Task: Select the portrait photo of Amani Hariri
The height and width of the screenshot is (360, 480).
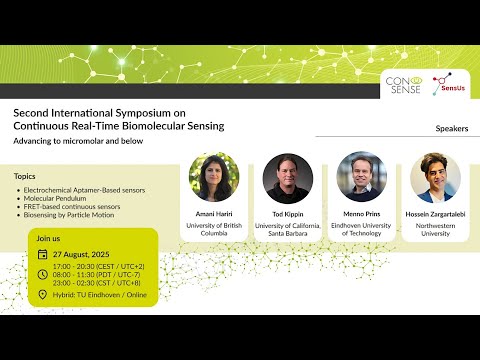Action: (214, 178)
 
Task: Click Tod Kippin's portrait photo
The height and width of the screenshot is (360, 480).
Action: (288, 178)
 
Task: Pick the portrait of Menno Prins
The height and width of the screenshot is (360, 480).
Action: (362, 178)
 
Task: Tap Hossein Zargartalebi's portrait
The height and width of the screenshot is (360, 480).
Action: (436, 178)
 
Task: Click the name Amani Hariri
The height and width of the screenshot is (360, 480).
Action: (214, 214)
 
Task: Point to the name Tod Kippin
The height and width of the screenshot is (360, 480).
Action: (288, 214)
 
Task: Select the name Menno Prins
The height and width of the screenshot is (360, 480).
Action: (362, 214)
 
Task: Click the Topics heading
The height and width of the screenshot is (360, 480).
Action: (25, 176)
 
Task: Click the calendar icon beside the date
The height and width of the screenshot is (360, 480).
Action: (42, 255)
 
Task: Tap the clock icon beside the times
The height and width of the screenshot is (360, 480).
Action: (42, 274)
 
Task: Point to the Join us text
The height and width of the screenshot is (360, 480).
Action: (49, 239)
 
